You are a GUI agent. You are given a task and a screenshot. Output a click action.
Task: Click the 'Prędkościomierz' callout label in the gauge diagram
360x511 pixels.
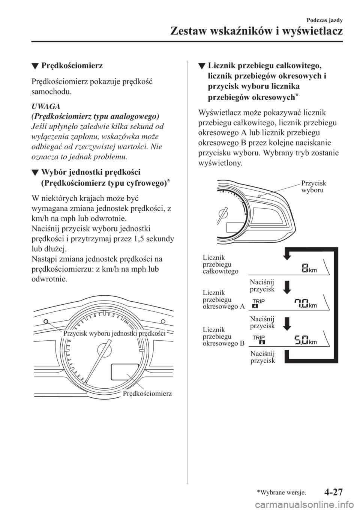(x=147, y=393)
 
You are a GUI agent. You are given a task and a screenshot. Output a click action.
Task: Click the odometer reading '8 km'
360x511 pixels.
(x=308, y=269)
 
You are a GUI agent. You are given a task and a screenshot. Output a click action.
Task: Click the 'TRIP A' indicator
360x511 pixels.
(x=256, y=304)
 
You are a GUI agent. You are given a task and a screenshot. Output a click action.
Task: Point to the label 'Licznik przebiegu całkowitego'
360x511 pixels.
(x=220, y=264)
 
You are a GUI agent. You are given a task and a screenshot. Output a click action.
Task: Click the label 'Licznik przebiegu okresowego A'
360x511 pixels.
(x=223, y=299)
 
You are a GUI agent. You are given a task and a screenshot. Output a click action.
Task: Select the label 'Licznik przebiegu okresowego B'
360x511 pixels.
(x=223, y=336)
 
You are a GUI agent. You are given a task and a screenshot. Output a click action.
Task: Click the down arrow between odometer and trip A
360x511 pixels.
(x=286, y=288)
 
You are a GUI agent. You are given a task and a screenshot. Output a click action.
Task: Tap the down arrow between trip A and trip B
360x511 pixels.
(x=286, y=324)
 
